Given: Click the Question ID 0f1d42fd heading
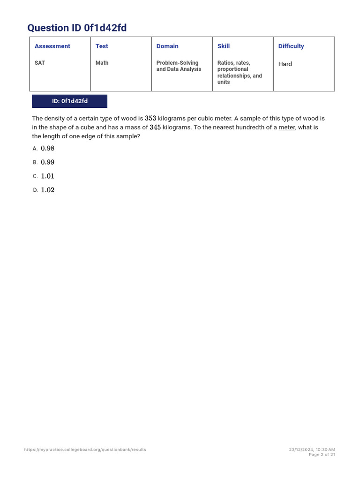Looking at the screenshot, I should pos(77,28).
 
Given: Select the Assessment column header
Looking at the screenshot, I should pos(52,46).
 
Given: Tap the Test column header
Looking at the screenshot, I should pos(102,46).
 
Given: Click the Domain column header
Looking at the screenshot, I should pos(167,46).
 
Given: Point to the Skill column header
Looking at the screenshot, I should pos(224,46).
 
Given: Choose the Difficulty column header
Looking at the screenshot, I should pos(291,46).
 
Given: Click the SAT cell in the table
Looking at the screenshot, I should pos(40,63).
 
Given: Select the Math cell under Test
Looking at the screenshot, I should pos(102,63).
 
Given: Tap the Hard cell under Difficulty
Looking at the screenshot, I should pos(285,64).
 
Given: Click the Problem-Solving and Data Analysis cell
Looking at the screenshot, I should pos(179,66).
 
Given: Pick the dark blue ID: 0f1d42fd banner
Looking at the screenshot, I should pos(70,101).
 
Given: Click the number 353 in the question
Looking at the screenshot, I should pos(150,119).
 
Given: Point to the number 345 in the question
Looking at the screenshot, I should pos(155,127).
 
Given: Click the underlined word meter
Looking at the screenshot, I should pos(287,127).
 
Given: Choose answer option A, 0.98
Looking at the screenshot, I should pos(47,149).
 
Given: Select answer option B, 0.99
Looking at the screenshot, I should pos(47,162).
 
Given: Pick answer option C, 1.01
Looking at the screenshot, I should pos(47,176).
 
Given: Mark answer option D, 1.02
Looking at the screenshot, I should pos(47,190).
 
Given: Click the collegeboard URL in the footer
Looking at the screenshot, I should pos(85,450).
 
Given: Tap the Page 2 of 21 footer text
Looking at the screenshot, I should pos(322,455).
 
